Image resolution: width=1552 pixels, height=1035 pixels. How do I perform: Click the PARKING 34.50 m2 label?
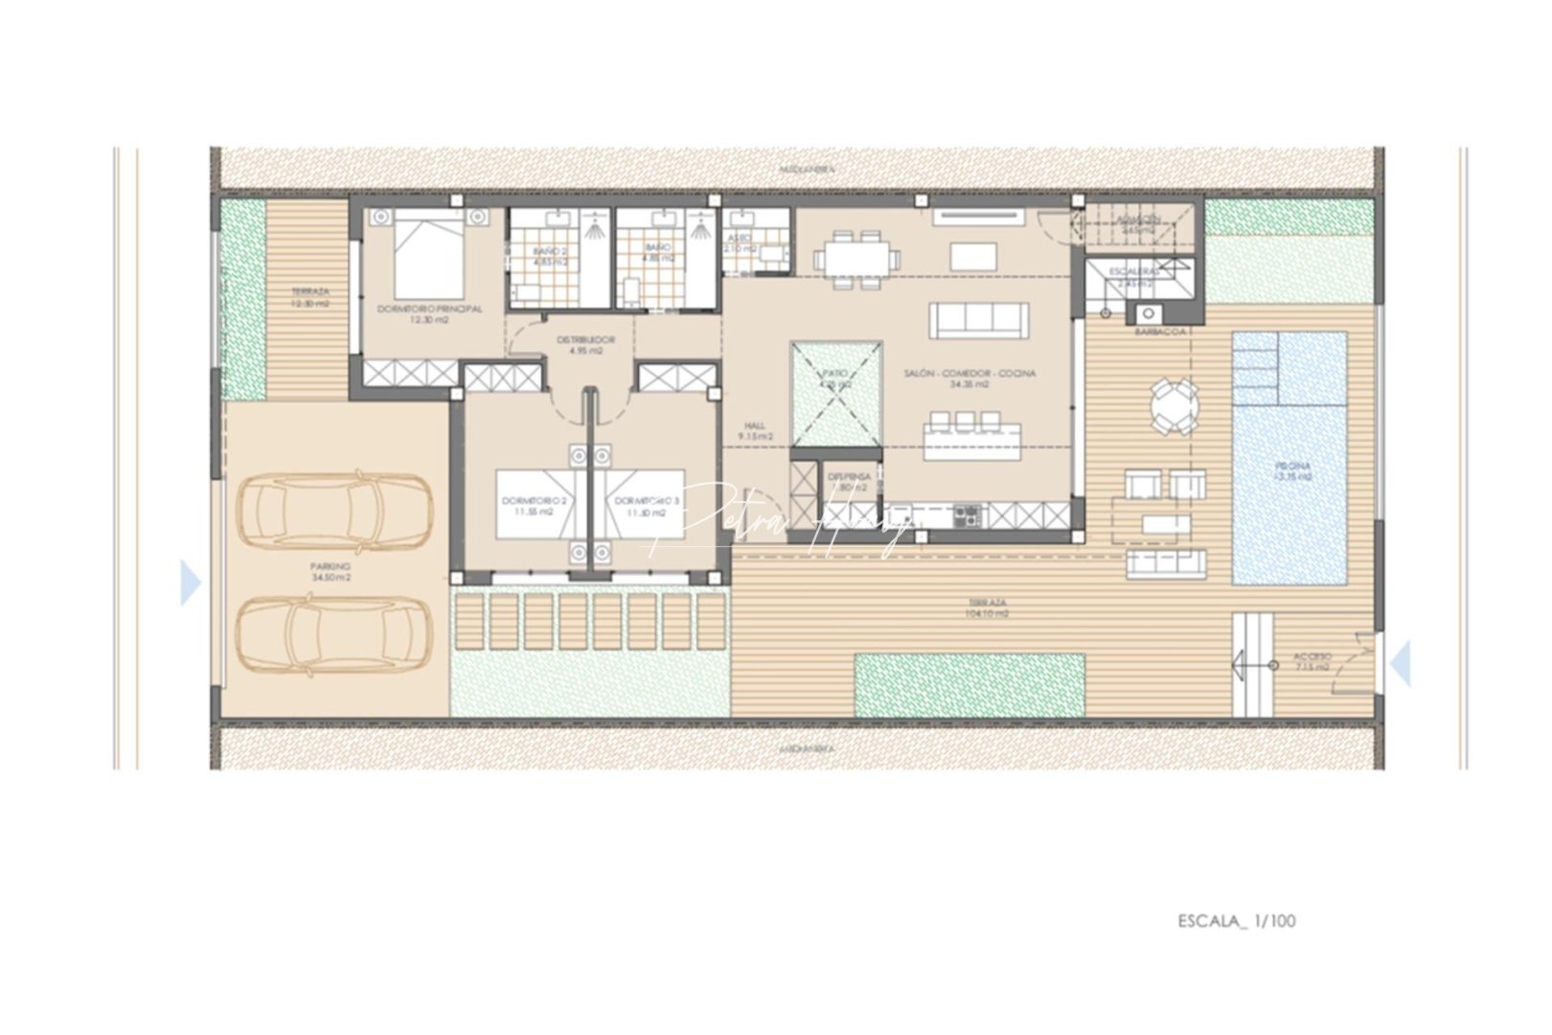tap(331, 572)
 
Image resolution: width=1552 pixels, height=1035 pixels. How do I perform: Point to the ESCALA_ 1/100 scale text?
tap(1236, 921)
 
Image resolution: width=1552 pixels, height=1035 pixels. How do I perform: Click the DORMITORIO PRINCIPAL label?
tap(429, 314)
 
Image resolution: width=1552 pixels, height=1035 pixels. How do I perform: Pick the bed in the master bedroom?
tap(429, 255)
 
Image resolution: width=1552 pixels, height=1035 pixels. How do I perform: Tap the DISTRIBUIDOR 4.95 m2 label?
tap(585, 345)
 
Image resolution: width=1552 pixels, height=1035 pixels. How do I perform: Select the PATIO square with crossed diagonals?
tap(835, 394)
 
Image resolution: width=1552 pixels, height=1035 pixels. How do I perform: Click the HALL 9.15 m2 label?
tap(755, 431)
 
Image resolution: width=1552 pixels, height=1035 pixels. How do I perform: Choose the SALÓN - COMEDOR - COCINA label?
tap(970, 379)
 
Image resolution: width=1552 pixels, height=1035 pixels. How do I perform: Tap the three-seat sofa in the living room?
tap(978, 320)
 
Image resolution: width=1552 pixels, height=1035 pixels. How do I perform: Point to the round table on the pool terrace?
tap(1174, 406)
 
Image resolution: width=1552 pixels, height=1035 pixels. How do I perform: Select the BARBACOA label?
tap(1160, 332)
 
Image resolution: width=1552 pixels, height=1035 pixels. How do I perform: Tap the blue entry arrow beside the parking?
tap(191, 583)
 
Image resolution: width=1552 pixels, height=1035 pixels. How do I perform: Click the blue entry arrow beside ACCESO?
tap(1400, 664)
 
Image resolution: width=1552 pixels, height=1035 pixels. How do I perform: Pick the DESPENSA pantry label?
tap(849, 481)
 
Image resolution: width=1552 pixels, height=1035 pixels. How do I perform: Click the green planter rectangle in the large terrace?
tap(969, 685)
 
